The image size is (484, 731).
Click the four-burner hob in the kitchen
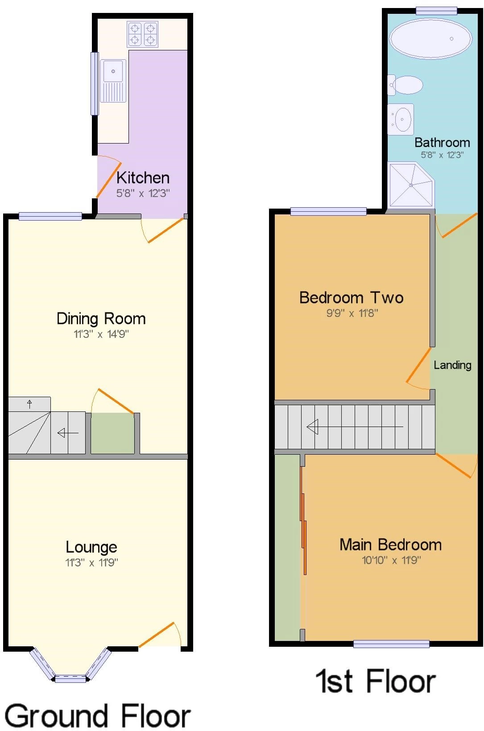143,34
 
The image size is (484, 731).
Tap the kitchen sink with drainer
113,81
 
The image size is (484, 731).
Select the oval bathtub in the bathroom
430,38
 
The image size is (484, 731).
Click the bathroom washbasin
401,119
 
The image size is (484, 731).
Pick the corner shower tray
411,185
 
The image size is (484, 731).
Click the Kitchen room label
143,178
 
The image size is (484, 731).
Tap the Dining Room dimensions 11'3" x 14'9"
101,334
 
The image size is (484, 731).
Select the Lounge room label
91,547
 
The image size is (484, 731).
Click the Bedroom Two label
352,298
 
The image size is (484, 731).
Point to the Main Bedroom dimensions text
391,560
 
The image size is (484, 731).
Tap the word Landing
452,365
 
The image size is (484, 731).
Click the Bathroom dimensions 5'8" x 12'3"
442,155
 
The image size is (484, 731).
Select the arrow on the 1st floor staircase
355,427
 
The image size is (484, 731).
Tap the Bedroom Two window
329,211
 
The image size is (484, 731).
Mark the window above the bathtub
436,11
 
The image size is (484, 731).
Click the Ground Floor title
97,715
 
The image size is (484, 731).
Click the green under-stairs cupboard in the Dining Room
113,433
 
